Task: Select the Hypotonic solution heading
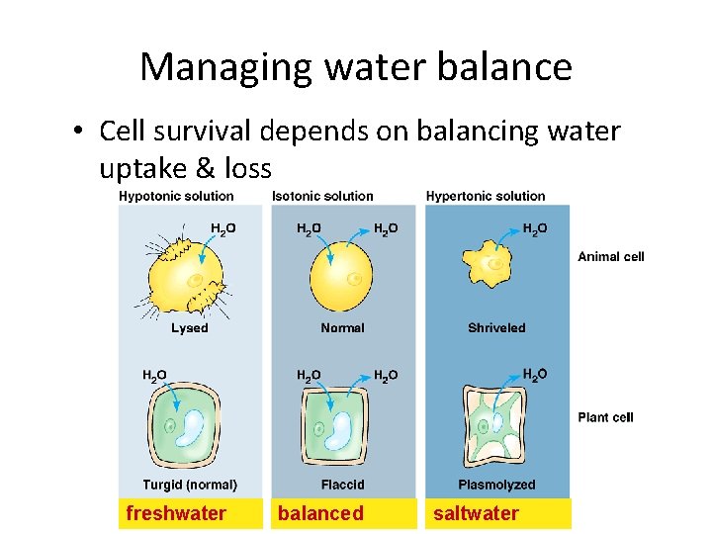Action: pos(176,196)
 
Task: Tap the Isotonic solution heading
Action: pos(322,196)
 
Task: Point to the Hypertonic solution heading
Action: pos(486,196)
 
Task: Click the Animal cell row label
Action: pos(610,257)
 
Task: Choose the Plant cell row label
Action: pos(605,417)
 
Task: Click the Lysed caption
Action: pos(189,327)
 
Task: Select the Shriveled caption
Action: pos(496,327)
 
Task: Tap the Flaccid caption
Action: pos(342,485)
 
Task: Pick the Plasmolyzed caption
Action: pos(496,485)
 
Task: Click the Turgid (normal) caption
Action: pos(190,485)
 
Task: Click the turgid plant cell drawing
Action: pos(188,431)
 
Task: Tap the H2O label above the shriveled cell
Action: pos(535,229)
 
